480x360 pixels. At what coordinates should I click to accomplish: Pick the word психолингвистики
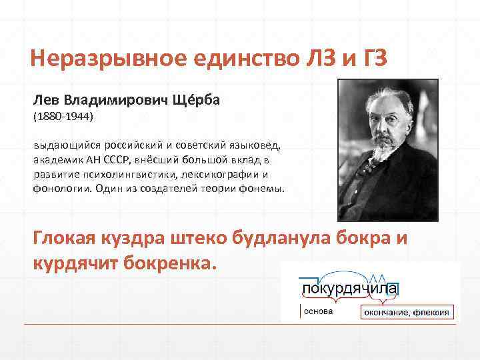pyautogui.click(x=125, y=175)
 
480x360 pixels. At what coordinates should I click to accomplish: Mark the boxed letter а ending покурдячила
pyautogui.click(x=393, y=289)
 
